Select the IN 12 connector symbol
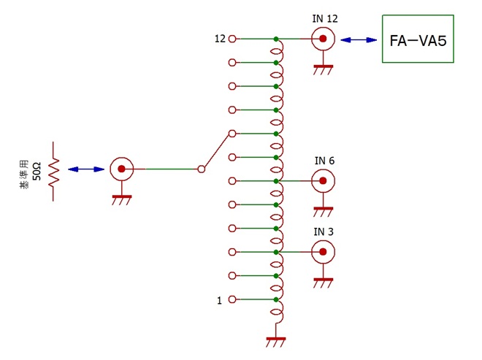[x=322, y=39]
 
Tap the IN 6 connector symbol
[x=322, y=180]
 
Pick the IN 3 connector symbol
[x=322, y=252]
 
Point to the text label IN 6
[x=324, y=161]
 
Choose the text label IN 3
[x=324, y=232]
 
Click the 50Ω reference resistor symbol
[x=53, y=171]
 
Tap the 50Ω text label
[x=37, y=172]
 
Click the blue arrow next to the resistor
[x=86, y=169]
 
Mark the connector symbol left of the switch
[x=121, y=169]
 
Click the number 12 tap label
[x=219, y=39]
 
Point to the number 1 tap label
[x=219, y=300]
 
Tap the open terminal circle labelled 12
[x=232, y=39]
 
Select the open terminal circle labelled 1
[x=232, y=299]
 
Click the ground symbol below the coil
[x=276, y=341]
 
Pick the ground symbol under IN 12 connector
[x=322, y=69]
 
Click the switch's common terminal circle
[x=202, y=169]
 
